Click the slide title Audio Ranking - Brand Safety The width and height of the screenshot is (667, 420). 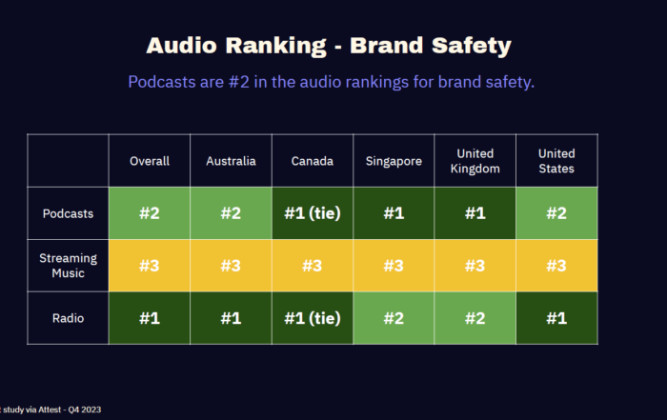pyautogui.click(x=329, y=46)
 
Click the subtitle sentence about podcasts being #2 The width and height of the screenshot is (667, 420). pyautogui.click(x=331, y=82)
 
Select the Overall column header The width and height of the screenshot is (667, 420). pyautogui.click(x=150, y=161)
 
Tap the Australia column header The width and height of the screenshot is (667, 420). pyautogui.click(x=231, y=161)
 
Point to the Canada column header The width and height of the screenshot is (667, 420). pyautogui.click(x=313, y=161)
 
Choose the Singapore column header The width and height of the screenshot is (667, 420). pyautogui.click(x=394, y=161)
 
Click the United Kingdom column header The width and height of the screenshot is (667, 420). pyautogui.click(x=475, y=161)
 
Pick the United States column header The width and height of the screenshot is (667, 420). pyautogui.click(x=556, y=161)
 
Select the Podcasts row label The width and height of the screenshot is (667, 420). pyautogui.click(x=68, y=213)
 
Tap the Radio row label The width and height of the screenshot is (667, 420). pyautogui.click(x=68, y=318)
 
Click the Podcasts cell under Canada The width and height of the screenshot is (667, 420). pyautogui.click(x=313, y=213)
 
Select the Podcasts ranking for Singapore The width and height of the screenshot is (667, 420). pyautogui.click(x=394, y=213)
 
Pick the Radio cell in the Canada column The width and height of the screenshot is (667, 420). pyautogui.click(x=313, y=318)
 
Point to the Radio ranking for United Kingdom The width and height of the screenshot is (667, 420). pyautogui.click(x=475, y=318)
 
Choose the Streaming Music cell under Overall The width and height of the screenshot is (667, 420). pyautogui.click(x=150, y=266)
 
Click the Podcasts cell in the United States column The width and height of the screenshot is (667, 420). pyautogui.click(x=556, y=213)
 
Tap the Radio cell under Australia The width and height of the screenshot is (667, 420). pyautogui.click(x=231, y=318)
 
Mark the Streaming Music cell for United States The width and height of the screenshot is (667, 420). pyautogui.click(x=556, y=266)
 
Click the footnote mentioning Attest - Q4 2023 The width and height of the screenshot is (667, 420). pyautogui.click(x=52, y=410)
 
